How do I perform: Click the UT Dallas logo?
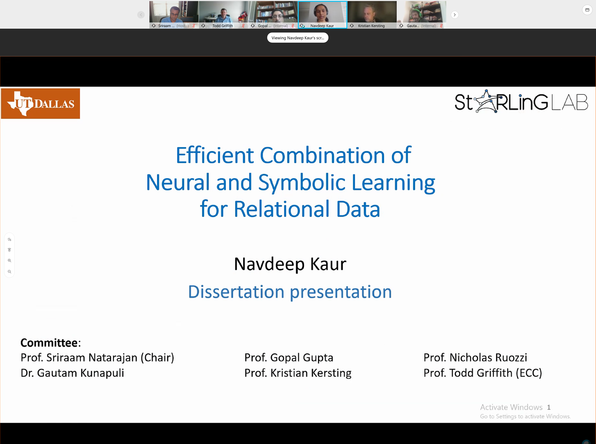click(x=40, y=104)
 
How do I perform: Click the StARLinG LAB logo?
click(x=521, y=102)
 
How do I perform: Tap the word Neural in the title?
click(x=178, y=182)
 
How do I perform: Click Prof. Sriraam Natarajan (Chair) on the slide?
click(x=97, y=358)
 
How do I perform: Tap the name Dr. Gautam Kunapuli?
click(x=72, y=373)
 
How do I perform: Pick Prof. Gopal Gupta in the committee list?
click(x=289, y=358)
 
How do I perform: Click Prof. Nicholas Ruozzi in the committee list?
click(x=475, y=357)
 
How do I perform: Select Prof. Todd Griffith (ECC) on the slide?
click(x=483, y=373)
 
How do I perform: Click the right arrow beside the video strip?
click(x=455, y=15)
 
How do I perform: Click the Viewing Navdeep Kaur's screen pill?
click(x=298, y=38)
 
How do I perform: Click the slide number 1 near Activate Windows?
click(x=549, y=407)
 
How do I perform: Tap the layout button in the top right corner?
click(x=587, y=10)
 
